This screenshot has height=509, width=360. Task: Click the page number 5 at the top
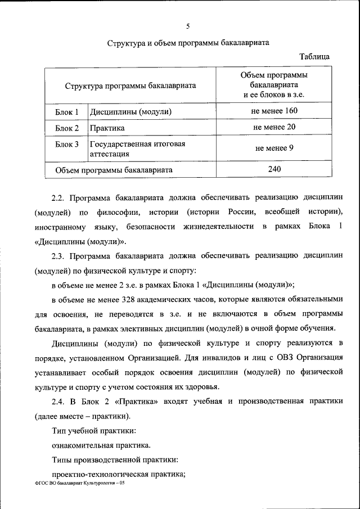coord(188,26)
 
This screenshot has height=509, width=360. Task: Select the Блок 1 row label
coord(66,111)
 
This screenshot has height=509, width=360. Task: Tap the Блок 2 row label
coord(66,128)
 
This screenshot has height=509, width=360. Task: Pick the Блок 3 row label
coord(66,145)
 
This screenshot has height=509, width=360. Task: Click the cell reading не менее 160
coord(274,111)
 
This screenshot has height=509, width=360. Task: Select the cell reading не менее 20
coord(274,127)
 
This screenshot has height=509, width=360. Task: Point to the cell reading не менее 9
coord(274,148)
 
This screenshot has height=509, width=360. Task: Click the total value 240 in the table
coord(274,169)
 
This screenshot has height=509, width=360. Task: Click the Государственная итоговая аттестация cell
coord(137,148)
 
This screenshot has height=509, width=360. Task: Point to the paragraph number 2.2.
coord(58,198)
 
